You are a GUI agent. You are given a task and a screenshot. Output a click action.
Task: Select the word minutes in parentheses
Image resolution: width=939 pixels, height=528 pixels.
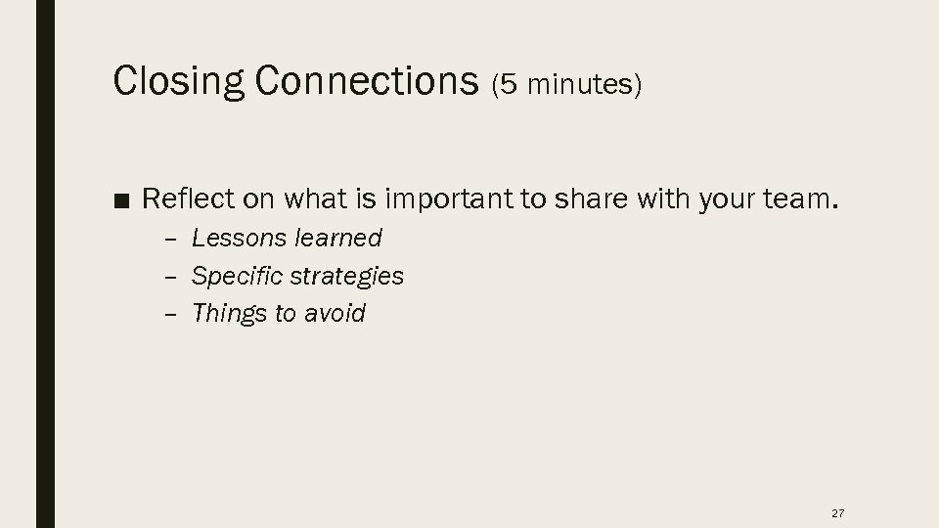pos(579,86)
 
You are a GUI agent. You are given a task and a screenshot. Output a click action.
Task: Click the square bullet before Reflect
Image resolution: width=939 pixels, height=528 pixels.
pos(121,201)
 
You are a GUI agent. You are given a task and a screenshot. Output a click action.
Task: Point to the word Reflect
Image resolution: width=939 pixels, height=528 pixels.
pos(188,199)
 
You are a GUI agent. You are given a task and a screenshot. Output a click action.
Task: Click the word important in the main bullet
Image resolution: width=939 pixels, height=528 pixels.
pos(449,200)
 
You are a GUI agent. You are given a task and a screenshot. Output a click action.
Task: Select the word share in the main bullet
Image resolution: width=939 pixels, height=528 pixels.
pos(587,199)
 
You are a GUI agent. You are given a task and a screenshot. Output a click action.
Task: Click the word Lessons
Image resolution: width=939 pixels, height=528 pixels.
pos(237,238)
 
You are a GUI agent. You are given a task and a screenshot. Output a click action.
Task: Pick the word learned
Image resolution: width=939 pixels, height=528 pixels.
pos(336,238)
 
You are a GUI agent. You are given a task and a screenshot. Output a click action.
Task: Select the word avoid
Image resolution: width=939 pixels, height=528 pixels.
pos(335,314)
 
